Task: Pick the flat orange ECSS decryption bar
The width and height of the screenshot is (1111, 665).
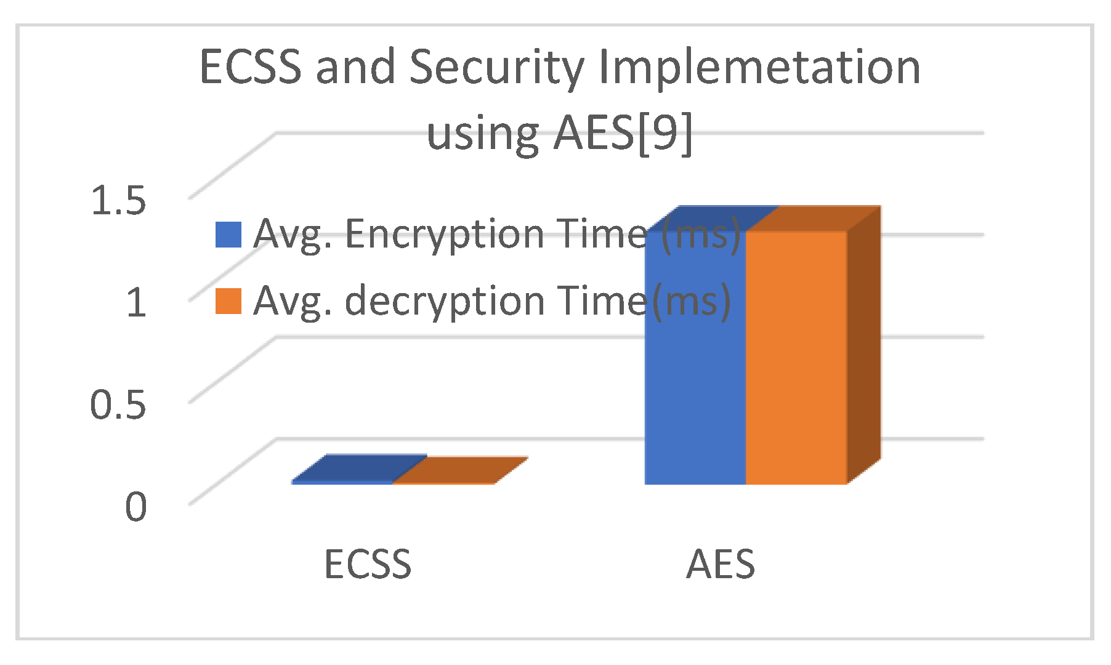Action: tap(459, 471)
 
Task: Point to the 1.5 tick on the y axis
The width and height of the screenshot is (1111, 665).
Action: tap(118, 200)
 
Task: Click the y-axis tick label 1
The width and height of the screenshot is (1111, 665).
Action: tap(136, 302)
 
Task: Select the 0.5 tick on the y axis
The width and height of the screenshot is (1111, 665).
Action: tap(118, 405)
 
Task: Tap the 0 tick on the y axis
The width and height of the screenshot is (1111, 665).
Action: tap(136, 507)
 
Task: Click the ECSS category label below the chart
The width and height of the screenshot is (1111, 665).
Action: tap(367, 564)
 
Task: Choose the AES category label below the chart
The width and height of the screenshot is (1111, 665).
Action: tap(720, 564)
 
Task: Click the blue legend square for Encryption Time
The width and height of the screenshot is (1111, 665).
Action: tap(228, 235)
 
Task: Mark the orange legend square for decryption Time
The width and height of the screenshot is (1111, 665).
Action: tap(228, 302)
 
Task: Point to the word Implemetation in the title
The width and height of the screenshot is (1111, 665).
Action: tap(759, 68)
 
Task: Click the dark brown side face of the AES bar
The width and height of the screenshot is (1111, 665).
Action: tap(863, 345)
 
